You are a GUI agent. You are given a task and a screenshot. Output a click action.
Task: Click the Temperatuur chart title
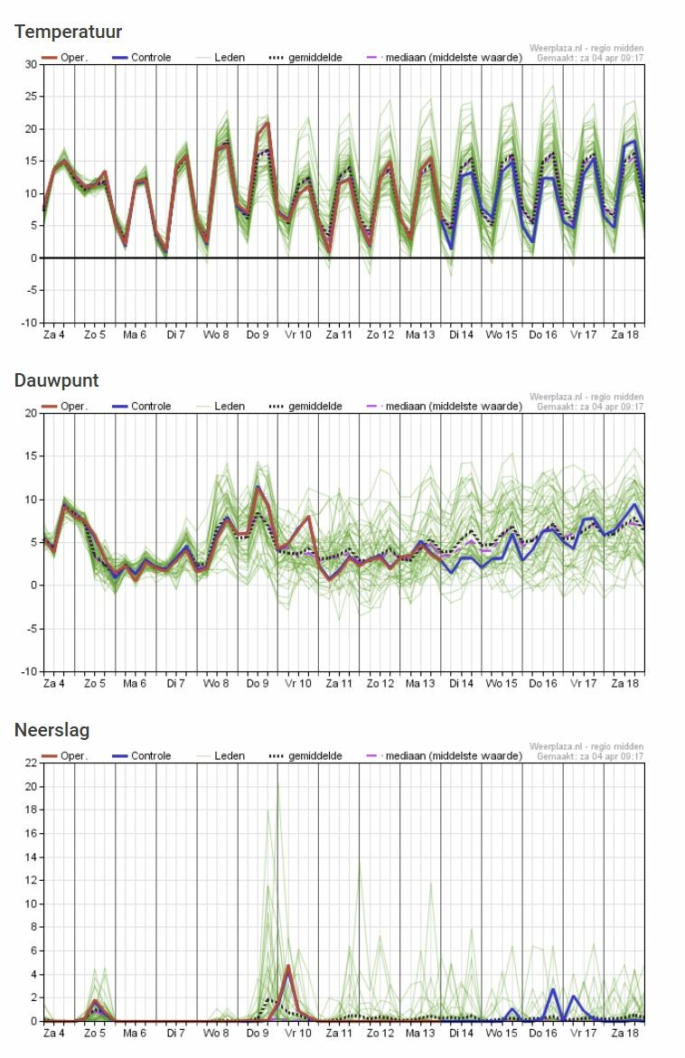(x=68, y=33)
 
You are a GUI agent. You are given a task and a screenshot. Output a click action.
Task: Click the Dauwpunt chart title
(x=56, y=380)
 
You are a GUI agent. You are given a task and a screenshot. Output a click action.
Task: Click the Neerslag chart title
(x=52, y=730)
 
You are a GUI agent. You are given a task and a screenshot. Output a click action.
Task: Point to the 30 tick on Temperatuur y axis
(x=31, y=64)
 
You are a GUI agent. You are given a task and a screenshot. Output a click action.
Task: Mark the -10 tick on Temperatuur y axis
(x=29, y=323)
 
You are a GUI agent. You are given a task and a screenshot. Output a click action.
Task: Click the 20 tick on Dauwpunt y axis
(x=31, y=414)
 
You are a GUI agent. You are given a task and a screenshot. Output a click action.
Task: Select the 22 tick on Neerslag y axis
(x=31, y=763)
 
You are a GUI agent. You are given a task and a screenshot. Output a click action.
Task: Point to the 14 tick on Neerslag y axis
(x=31, y=857)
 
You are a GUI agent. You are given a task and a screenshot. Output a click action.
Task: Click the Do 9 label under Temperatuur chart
(x=258, y=334)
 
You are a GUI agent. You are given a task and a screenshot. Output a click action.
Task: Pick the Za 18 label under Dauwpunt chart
(x=624, y=684)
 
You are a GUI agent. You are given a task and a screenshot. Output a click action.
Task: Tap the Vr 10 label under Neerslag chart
(x=298, y=1033)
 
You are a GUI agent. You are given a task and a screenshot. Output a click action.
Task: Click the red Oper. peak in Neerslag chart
(x=288, y=967)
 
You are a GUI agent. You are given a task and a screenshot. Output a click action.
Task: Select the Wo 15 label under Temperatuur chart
(x=502, y=334)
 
